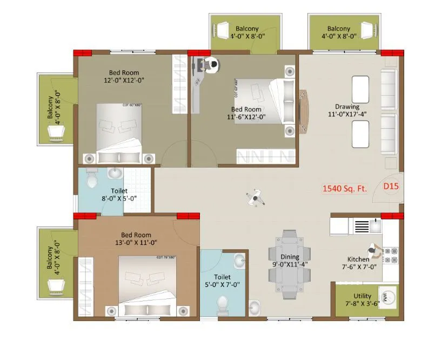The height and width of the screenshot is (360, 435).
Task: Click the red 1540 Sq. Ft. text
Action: [344, 189]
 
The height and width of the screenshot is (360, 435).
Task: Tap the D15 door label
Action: [391, 186]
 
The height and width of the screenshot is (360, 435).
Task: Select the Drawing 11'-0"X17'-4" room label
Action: [347, 110]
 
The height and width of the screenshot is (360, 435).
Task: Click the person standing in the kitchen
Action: [374, 251]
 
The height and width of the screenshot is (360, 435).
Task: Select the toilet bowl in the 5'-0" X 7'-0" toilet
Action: [222, 305]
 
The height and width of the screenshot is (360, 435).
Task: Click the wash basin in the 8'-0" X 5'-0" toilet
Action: [115, 174]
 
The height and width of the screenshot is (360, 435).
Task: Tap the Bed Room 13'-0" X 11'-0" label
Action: [136, 238]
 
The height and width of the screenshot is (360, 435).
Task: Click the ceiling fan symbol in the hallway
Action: [254, 197]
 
